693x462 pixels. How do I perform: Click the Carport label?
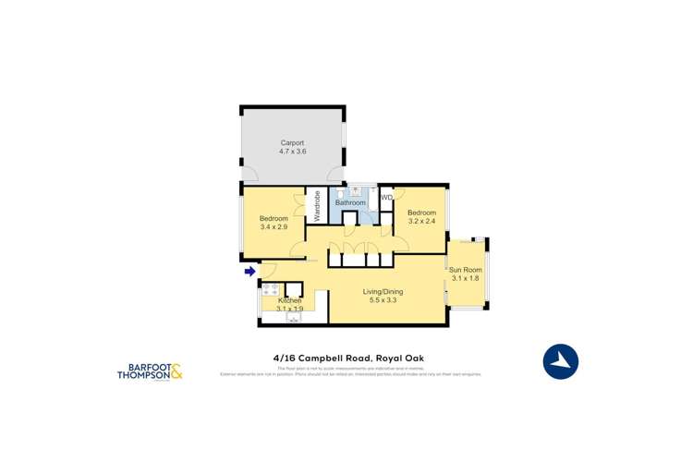[x=293, y=142]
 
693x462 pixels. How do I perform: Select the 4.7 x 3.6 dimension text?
[x=293, y=151]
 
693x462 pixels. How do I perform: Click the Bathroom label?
[x=350, y=202]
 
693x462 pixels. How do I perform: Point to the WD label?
[x=387, y=197]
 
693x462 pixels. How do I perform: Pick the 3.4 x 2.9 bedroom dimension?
[x=274, y=226]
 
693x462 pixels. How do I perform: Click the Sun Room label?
[x=467, y=269]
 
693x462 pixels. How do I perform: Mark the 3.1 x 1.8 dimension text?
[x=467, y=278]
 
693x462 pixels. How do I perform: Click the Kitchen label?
[x=290, y=301]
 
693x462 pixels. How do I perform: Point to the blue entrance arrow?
[x=249, y=271]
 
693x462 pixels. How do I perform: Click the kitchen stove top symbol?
[x=272, y=291]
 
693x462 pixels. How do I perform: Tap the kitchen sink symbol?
[x=294, y=318]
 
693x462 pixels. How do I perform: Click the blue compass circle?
[x=560, y=361]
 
